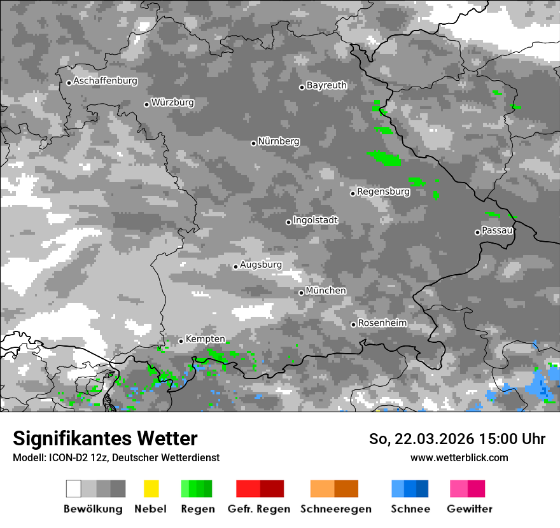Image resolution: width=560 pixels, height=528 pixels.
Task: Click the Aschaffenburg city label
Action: (x=105, y=81)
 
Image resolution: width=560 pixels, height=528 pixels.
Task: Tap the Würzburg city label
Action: (x=172, y=103)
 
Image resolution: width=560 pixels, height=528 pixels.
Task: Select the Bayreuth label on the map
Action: (x=326, y=85)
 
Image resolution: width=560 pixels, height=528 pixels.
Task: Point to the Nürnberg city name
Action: (x=279, y=142)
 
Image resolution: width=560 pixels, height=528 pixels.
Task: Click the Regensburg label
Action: (x=383, y=191)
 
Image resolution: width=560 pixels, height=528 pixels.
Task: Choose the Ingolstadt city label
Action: (x=315, y=221)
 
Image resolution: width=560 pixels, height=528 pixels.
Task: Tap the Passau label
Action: (x=497, y=231)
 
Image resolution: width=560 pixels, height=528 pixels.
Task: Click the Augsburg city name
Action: (x=261, y=265)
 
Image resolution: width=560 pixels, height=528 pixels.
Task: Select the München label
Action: (x=326, y=291)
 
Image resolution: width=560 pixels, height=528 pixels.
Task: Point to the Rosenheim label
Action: (x=382, y=323)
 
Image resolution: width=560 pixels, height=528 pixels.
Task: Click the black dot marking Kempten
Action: (x=181, y=341)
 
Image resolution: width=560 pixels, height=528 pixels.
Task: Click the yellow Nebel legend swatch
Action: (x=151, y=489)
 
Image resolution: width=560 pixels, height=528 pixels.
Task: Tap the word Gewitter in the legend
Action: (x=470, y=509)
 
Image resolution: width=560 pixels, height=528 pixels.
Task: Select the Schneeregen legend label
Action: (x=335, y=509)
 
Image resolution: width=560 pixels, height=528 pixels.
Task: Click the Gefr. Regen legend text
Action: (x=259, y=509)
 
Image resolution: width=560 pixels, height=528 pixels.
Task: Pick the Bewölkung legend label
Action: (x=93, y=509)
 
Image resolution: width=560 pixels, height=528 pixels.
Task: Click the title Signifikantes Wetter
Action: (x=105, y=439)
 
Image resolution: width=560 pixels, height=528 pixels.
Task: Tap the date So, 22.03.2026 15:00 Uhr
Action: (x=457, y=440)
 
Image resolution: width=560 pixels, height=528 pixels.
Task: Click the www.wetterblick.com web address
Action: (x=459, y=458)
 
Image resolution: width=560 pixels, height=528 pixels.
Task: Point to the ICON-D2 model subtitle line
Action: (x=116, y=458)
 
